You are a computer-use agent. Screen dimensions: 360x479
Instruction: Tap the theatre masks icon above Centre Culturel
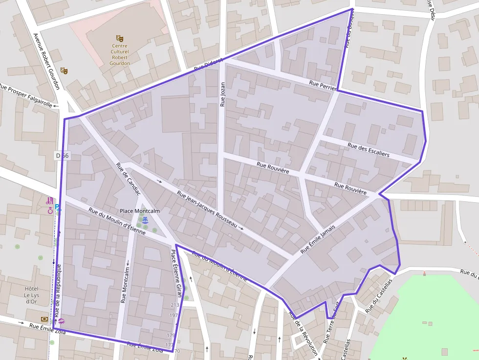(120, 38)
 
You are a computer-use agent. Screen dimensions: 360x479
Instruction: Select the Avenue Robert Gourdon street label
(46, 62)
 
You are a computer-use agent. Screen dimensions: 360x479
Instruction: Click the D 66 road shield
(63, 155)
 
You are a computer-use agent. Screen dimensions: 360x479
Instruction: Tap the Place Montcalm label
(140, 211)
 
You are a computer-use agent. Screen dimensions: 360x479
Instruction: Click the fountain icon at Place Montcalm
(145, 220)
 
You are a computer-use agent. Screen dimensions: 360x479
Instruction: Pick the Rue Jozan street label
(222, 94)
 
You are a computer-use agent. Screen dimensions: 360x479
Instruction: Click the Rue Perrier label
(323, 86)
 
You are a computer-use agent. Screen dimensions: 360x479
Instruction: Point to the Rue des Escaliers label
(369, 150)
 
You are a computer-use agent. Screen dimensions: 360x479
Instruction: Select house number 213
(175, 305)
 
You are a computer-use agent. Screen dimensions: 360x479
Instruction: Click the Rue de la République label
(57, 289)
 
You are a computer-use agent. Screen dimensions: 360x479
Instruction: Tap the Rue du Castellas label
(379, 296)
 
